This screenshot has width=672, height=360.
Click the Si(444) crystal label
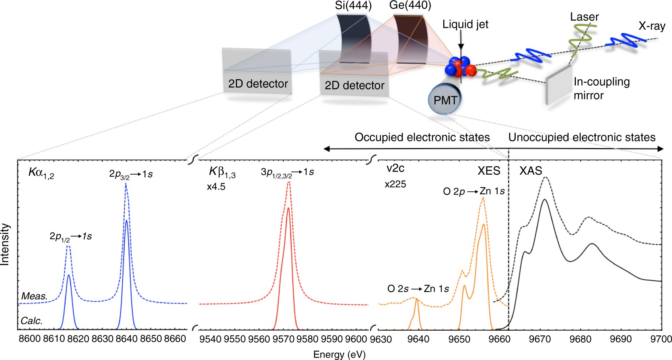point(353,5)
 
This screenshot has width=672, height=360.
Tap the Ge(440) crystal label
point(410,5)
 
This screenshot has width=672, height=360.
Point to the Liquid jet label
point(465,25)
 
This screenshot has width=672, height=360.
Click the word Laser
point(584,17)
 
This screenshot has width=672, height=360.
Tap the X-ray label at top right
point(651,26)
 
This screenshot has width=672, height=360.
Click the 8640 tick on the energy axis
point(126,339)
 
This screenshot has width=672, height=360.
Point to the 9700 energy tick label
point(661,339)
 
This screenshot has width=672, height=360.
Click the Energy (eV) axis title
point(339,354)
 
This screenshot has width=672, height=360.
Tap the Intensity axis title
point(5,244)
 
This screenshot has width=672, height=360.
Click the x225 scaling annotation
point(395,184)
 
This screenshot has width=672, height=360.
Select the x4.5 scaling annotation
point(216,187)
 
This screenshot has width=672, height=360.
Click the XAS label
point(530,171)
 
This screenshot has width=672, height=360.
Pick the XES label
point(489,171)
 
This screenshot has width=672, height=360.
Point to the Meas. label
point(34,296)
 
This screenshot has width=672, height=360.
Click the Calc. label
point(32,320)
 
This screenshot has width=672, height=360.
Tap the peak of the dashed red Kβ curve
point(289,182)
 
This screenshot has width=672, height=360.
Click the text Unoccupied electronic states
point(582,137)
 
